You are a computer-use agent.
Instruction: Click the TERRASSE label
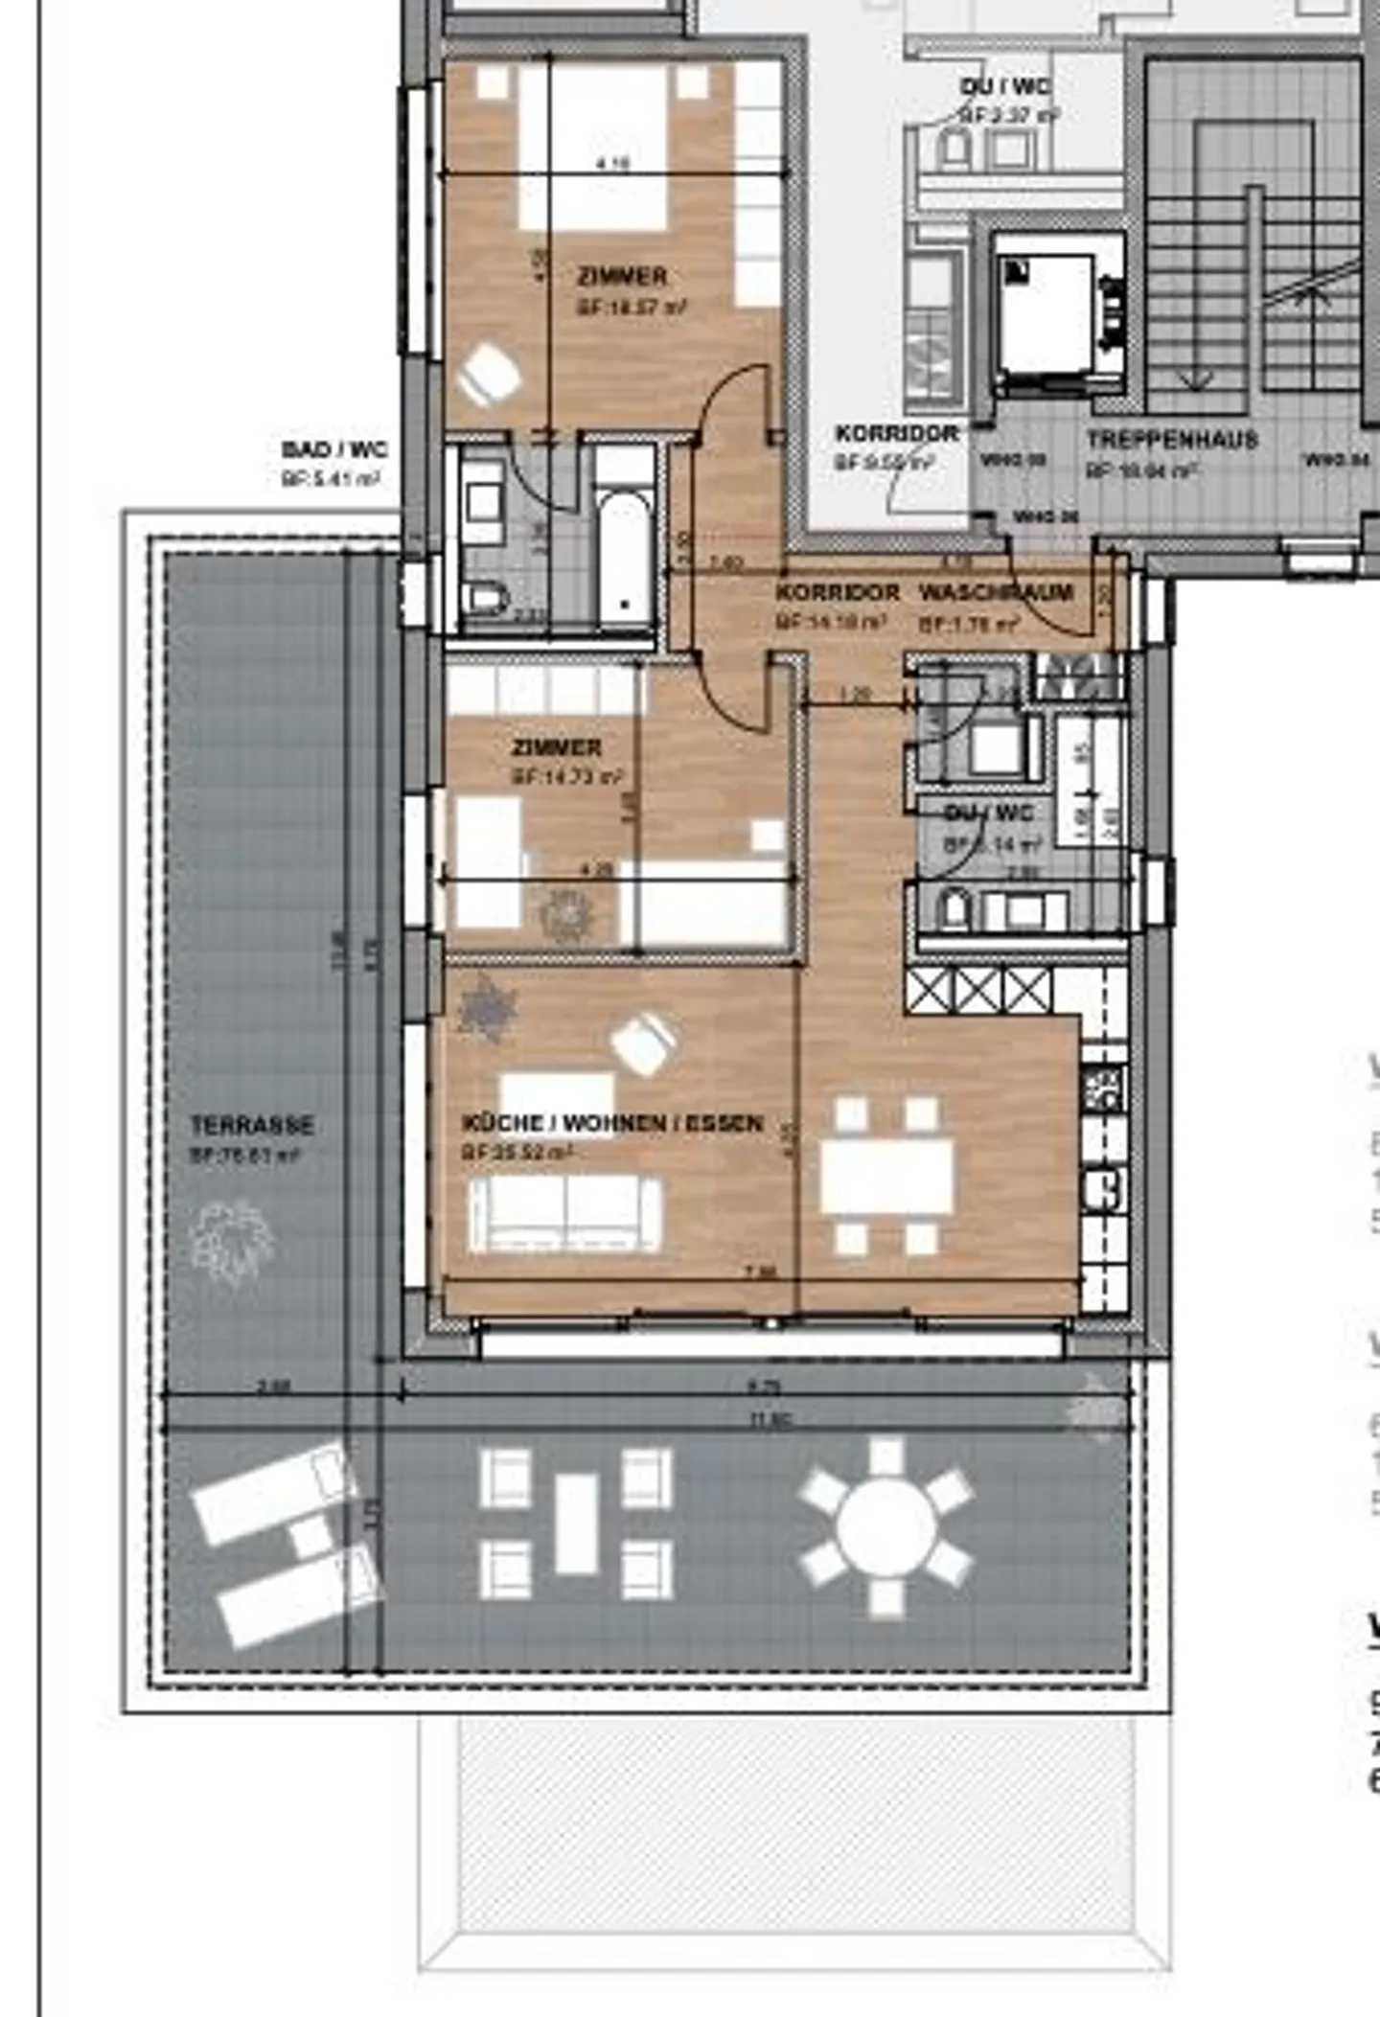[x=252, y=1125]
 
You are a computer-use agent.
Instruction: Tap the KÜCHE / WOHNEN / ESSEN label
[x=612, y=1123]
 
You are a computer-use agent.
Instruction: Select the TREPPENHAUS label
[x=1171, y=441]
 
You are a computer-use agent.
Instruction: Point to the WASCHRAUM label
[x=996, y=593]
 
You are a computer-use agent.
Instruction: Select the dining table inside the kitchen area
[x=886, y=1176]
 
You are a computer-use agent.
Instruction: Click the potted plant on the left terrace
[x=233, y=1243]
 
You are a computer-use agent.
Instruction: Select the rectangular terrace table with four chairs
[x=576, y=1524]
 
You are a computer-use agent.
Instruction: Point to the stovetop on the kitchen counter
[x=1103, y=1089]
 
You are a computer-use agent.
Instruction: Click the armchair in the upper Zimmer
[x=490, y=375]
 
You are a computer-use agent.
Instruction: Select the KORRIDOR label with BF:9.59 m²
[x=896, y=434]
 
